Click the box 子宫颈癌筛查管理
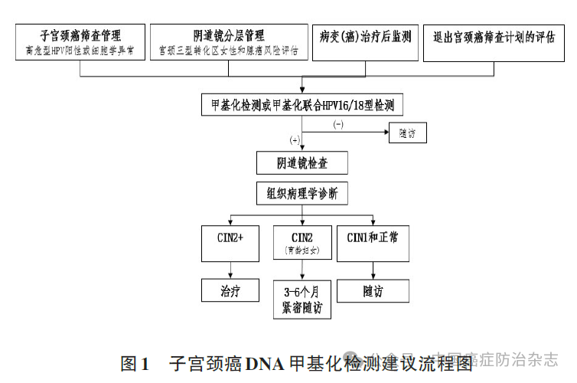80,43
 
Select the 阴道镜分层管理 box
228,43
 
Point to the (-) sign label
338,123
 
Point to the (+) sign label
295,140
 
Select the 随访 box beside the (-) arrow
407,133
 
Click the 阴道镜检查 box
302,162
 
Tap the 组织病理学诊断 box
302,194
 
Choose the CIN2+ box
230,242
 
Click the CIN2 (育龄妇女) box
302,242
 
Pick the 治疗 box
230,291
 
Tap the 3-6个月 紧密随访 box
302,300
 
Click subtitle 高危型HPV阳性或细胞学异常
80,51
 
